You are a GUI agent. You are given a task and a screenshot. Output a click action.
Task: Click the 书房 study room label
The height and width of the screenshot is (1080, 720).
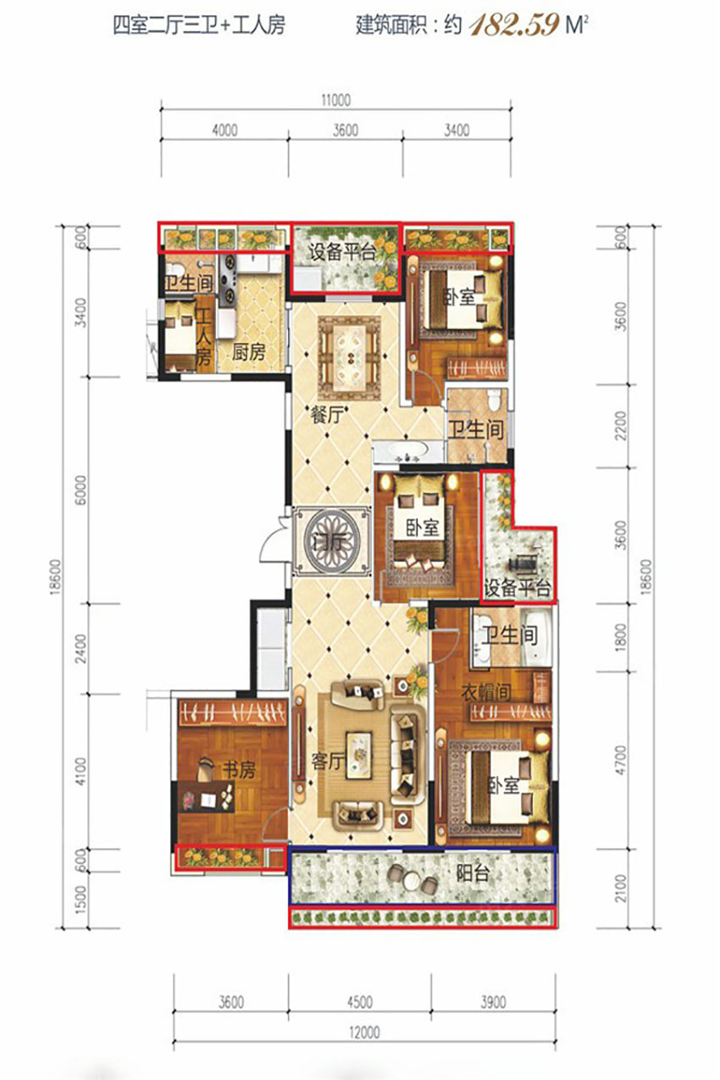pos(238,770)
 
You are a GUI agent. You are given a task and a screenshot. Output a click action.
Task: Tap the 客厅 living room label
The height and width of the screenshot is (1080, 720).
pos(328,762)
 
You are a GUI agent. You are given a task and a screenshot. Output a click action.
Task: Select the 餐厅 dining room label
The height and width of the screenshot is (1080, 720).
pos(328,415)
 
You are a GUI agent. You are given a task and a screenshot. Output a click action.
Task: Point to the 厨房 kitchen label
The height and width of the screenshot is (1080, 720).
pos(248,353)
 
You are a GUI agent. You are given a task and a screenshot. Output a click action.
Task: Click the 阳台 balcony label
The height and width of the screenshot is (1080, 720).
pos(474,873)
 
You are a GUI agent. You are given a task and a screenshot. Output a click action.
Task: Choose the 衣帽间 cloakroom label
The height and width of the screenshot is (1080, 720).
pos(486,692)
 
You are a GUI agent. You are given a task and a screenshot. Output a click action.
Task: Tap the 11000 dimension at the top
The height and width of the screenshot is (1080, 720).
pos(335,100)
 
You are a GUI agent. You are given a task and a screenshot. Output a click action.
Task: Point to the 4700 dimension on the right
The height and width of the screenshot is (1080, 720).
pos(621,760)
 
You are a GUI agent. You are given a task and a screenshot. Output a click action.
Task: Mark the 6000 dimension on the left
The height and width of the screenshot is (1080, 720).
pos(82,490)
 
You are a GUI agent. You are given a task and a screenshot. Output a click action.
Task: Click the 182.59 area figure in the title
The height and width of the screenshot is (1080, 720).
pos(514,25)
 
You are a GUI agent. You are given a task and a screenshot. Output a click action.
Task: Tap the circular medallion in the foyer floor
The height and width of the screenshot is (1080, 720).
pos(332,542)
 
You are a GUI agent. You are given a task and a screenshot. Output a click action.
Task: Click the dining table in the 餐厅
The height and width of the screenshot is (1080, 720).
pos(350,357)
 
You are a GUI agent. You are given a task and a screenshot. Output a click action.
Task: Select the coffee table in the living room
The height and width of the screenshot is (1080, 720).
pos(359,756)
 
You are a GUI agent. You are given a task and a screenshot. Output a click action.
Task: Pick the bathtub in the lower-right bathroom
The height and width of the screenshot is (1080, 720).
pos(537,637)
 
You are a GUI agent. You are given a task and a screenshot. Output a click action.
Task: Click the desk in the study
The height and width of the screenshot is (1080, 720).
pos(207,797)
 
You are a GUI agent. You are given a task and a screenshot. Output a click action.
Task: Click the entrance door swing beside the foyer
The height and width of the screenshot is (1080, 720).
pos(273,540)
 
